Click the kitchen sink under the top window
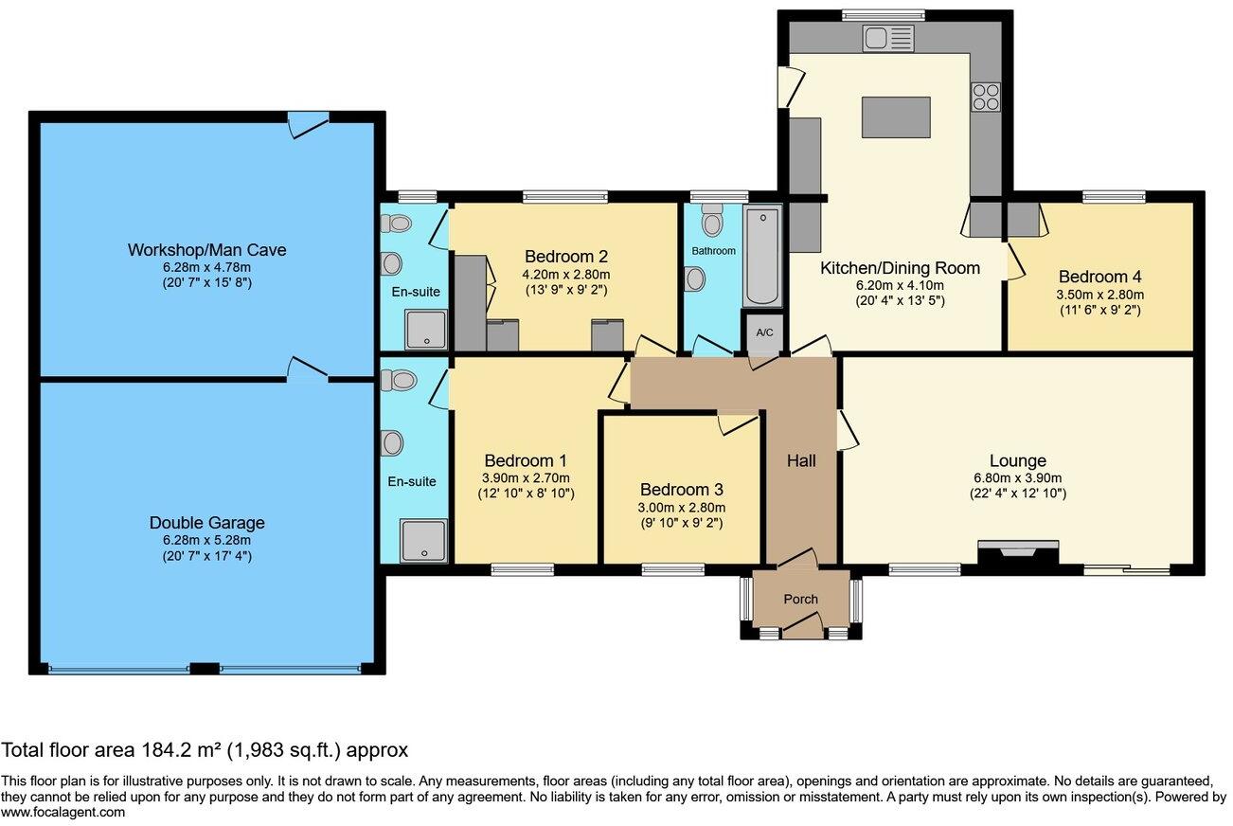click(886, 38)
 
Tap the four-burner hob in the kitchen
click(985, 95)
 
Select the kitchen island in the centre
click(895, 117)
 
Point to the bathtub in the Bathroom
click(762, 257)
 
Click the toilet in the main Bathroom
click(712, 223)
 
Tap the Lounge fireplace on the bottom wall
click(1017, 553)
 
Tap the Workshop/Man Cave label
click(206, 250)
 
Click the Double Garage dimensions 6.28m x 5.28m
click(206, 540)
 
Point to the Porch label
click(800, 599)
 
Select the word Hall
click(800, 461)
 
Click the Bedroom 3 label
click(681, 490)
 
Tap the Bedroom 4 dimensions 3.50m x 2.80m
click(1099, 294)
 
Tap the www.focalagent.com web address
click(63, 812)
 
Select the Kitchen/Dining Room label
click(899, 268)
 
